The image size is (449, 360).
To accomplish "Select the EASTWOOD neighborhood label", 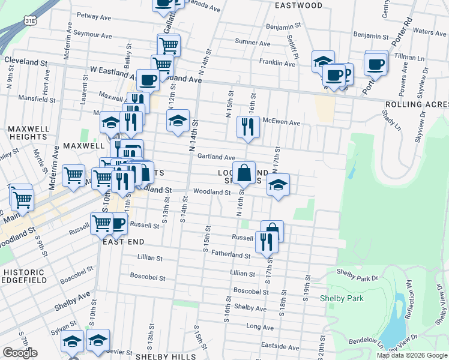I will tap(299, 5).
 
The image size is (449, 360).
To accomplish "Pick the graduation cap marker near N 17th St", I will tap(278, 185).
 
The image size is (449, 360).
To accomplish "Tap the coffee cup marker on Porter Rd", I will tap(376, 64).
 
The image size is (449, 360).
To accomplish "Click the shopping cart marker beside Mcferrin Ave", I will tap(73, 176).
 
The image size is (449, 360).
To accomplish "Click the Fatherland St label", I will tap(230, 255).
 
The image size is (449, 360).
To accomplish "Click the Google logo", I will tap(20, 353).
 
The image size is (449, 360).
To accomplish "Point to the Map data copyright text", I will tap(412, 355).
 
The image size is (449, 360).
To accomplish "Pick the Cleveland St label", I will tap(26, 61).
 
